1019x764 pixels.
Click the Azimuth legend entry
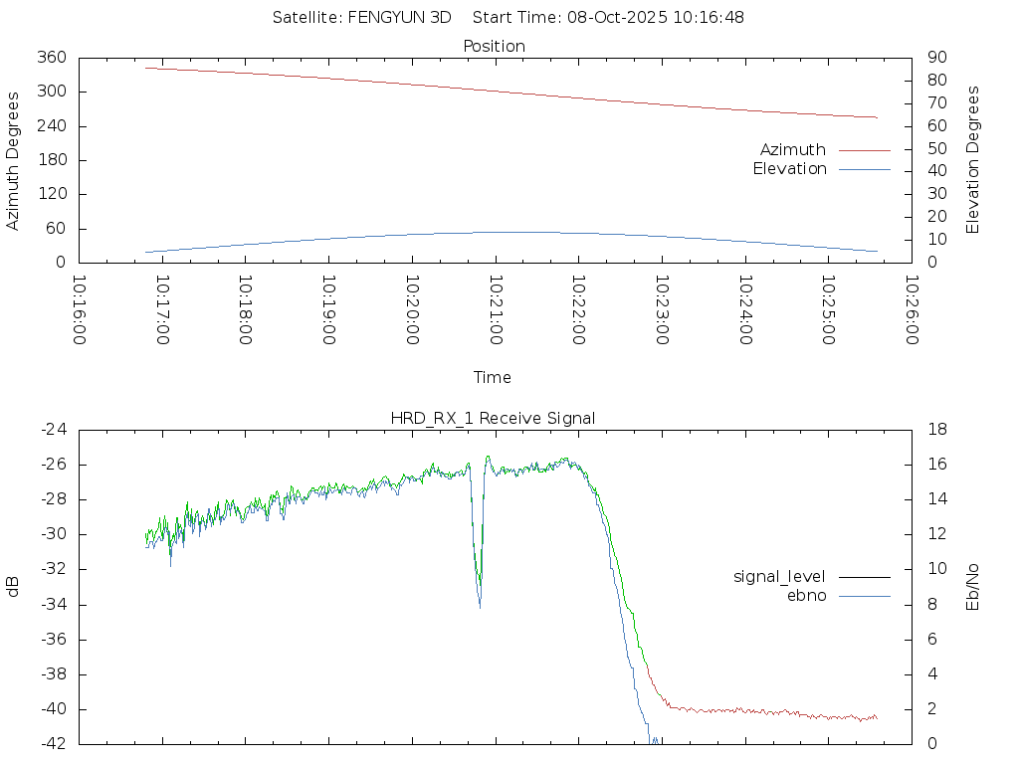793,150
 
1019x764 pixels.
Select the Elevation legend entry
789,169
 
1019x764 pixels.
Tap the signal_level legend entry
779,577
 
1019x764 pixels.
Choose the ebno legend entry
807,596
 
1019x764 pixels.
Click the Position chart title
494,47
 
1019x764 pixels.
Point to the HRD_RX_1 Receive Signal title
493,419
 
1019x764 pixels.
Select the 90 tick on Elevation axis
934,58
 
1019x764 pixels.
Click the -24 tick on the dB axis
54,430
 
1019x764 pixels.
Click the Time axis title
493,378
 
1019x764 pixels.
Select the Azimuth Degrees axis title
14,161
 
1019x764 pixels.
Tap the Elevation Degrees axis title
973,160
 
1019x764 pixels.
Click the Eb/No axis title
973,587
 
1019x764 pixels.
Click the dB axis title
14,587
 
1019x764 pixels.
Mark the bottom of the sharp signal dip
480,606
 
